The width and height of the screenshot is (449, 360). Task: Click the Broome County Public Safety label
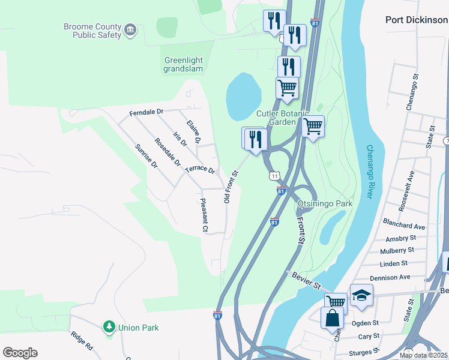(92, 31)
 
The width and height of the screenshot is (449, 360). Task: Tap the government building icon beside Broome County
(130, 29)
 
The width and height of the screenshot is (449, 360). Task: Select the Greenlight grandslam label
(183, 64)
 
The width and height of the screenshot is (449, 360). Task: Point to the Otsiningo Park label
(325, 203)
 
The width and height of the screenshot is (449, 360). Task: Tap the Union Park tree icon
(109, 327)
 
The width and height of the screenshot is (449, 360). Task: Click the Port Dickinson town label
(417, 20)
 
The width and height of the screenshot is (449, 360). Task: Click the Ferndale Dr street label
(146, 112)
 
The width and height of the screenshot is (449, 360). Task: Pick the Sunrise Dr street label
(146, 156)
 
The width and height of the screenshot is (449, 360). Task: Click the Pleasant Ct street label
(204, 215)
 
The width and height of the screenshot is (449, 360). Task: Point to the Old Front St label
(231, 186)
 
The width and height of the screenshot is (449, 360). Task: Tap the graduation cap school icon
(361, 295)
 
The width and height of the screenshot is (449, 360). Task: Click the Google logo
(20, 353)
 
